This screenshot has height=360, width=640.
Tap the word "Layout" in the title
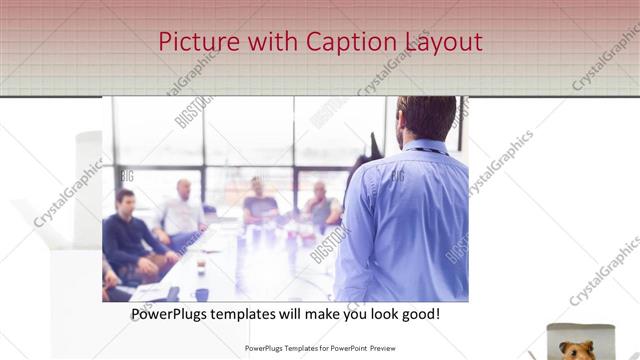coord(443,42)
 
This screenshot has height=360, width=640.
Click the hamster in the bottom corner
coord(579,348)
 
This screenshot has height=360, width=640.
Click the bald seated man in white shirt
coord(183,212)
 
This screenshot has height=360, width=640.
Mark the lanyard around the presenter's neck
coord(426,150)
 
